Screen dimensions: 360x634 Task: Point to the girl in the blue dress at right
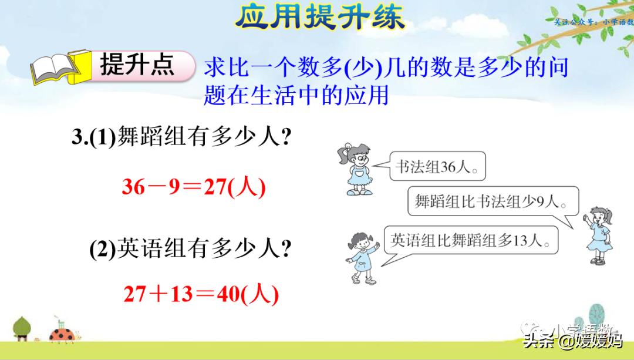tap(599, 235)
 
